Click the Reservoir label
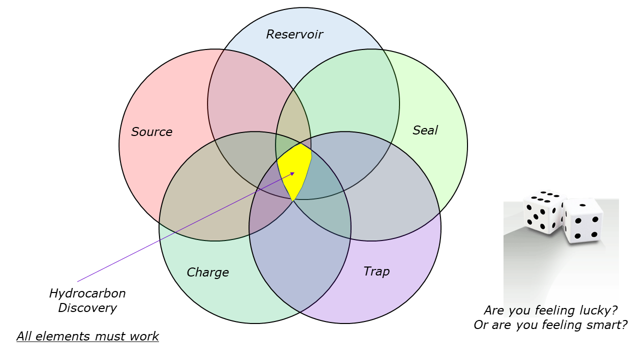[x=294, y=34]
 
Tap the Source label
[x=151, y=132]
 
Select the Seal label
[x=425, y=130]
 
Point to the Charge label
[x=207, y=272]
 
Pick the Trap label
[x=376, y=271]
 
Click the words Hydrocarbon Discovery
[x=87, y=300]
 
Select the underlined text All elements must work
[x=87, y=336]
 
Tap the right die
[x=582, y=220]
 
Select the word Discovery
[x=87, y=308]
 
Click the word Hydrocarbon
[x=87, y=293]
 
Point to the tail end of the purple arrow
[x=77, y=281]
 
